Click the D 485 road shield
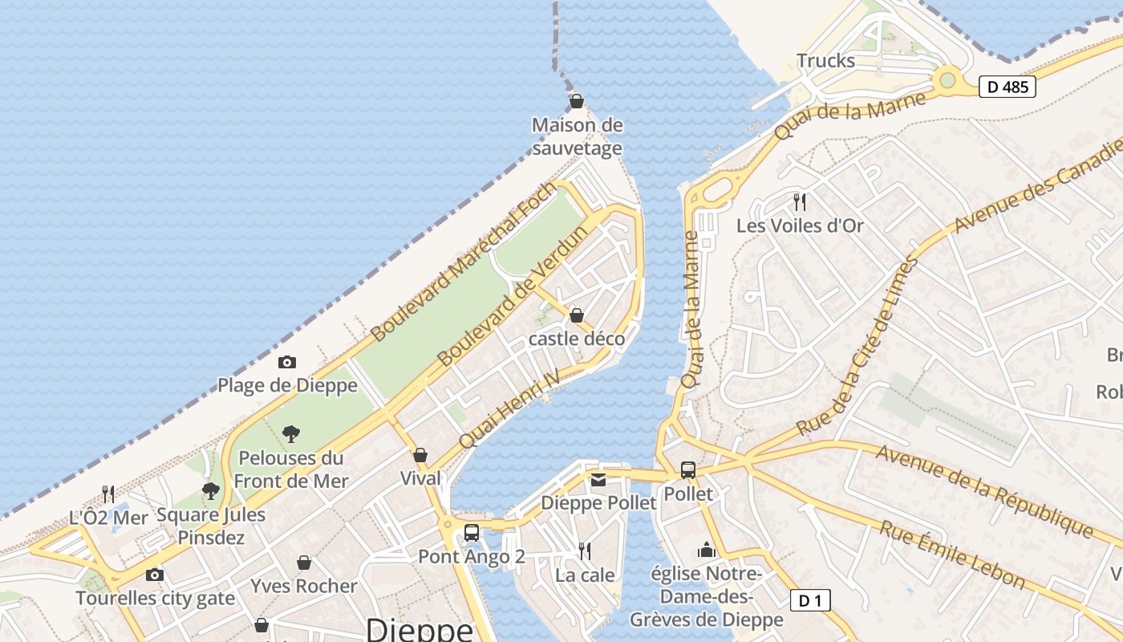click(x=1007, y=87)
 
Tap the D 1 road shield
click(x=810, y=600)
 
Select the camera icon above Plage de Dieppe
click(x=286, y=363)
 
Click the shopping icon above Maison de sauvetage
click(x=576, y=102)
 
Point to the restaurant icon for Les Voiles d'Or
click(x=799, y=201)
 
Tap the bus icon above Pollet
click(x=687, y=470)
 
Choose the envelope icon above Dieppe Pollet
click(x=598, y=480)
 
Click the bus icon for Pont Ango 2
click(x=472, y=532)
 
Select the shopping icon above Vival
click(x=420, y=455)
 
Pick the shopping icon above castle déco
click(x=576, y=315)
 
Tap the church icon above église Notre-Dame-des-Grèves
click(x=706, y=550)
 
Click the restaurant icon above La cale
click(x=585, y=551)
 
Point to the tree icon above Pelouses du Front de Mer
click(x=291, y=434)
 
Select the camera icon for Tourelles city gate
click(x=155, y=575)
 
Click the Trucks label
click(x=825, y=61)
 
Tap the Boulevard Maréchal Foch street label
click(x=464, y=262)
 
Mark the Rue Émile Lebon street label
click(x=951, y=555)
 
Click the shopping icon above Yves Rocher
click(x=304, y=563)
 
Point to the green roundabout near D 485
click(x=947, y=79)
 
